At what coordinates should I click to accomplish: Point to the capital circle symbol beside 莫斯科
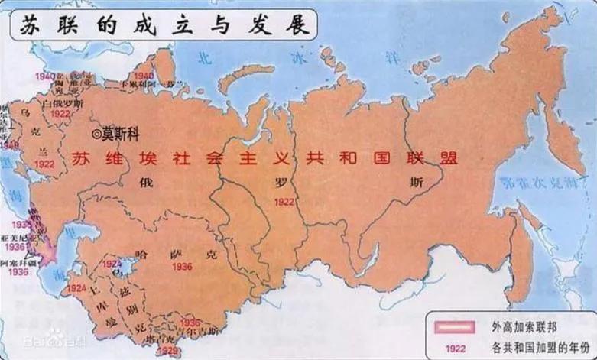(96, 133)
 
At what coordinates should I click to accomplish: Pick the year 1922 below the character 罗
(284, 202)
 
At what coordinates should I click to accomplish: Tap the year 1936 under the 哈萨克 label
(182, 268)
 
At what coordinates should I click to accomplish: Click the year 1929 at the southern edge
(168, 351)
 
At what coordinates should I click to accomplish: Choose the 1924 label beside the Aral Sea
(113, 263)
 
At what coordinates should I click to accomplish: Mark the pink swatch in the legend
(452, 327)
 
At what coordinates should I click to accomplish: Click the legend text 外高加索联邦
(515, 327)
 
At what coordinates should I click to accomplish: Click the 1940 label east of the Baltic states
(144, 76)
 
